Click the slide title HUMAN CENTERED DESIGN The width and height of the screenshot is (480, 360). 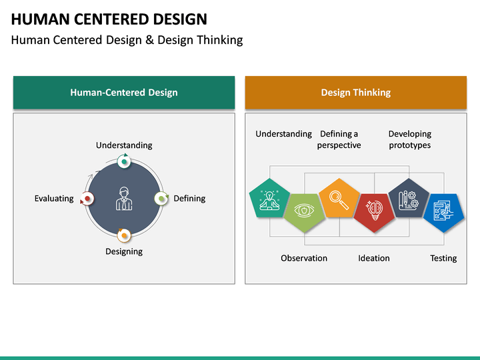tap(109, 19)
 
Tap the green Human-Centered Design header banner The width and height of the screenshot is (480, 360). tap(124, 93)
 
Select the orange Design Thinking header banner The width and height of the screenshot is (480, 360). tap(355, 93)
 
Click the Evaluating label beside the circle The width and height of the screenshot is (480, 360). tap(54, 199)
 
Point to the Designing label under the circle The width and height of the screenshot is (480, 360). tap(124, 251)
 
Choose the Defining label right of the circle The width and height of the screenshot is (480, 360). tap(189, 199)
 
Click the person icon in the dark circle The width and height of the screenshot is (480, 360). tap(124, 199)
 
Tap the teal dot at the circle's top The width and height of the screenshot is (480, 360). tap(124, 161)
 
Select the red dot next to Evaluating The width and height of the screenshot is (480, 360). tap(87, 199)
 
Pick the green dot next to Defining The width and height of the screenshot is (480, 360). tap(161, 199)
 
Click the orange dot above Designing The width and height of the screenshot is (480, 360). tap(124, 235)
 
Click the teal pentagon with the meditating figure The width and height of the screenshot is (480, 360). tap(269, 198)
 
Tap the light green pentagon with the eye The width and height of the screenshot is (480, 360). tap(304, 212)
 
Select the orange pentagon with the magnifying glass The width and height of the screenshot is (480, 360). tap(339, 198)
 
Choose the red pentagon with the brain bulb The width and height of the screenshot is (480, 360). tap(373, 212)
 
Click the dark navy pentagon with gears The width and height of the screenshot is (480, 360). tap(408, 198)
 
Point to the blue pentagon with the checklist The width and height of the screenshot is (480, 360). tap(443, 212)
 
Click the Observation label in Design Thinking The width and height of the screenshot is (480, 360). tap(304, 258)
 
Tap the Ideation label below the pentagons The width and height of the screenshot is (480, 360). tap(374, 258)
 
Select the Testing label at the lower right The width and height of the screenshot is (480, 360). tap(443, 258)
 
